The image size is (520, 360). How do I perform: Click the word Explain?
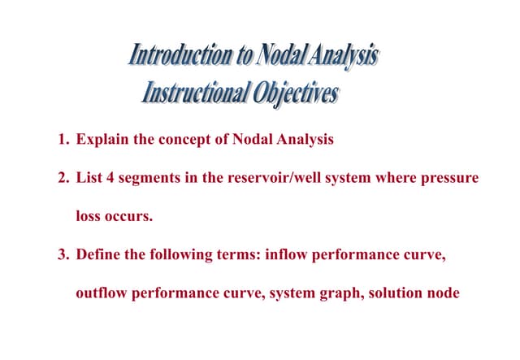click(102, 139)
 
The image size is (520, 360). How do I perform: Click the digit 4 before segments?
click(110, 178)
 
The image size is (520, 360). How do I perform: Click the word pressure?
click(450, 178)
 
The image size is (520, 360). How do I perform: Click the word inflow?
click(297, 254)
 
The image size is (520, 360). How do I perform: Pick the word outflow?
click(101, 293)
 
